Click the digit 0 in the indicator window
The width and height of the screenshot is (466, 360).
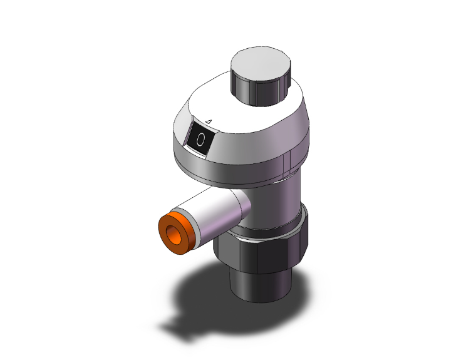coord(201,140)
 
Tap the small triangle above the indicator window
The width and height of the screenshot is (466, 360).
coord(209,121)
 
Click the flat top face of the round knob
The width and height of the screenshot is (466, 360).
coord(261,64)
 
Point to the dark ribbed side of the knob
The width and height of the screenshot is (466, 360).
coord(260,91)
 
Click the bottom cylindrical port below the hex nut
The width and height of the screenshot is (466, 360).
coord(261,284)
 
